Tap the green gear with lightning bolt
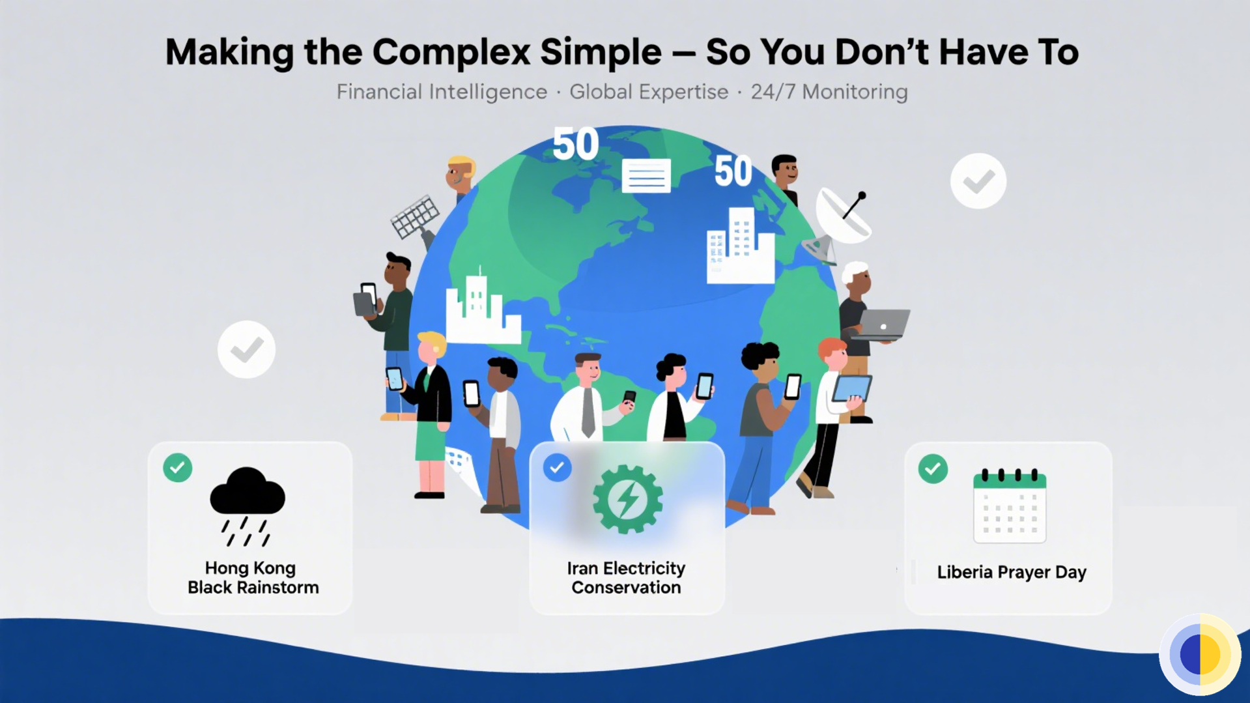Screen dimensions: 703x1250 tap(627, 499)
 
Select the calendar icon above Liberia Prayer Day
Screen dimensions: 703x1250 tap(1009, 506)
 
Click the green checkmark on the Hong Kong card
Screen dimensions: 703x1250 tap(178, 468)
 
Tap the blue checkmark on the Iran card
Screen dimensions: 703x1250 tap(557, 468)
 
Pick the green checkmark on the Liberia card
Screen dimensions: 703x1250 tap(933, 468)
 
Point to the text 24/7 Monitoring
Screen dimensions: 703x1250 tap(829, 92)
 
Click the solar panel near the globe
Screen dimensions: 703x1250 tap(415, 217)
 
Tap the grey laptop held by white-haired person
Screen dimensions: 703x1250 tap(883, 324)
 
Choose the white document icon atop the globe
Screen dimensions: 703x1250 tap(646, 175)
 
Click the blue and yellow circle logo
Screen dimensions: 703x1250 tap(1200, 654)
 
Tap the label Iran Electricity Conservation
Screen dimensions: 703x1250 tap(626, 578)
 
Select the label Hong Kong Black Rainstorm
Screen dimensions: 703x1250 tap(252, 578)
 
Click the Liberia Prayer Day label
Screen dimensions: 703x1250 tap(1012, 572)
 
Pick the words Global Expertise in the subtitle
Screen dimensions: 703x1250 tap(649, 92)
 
